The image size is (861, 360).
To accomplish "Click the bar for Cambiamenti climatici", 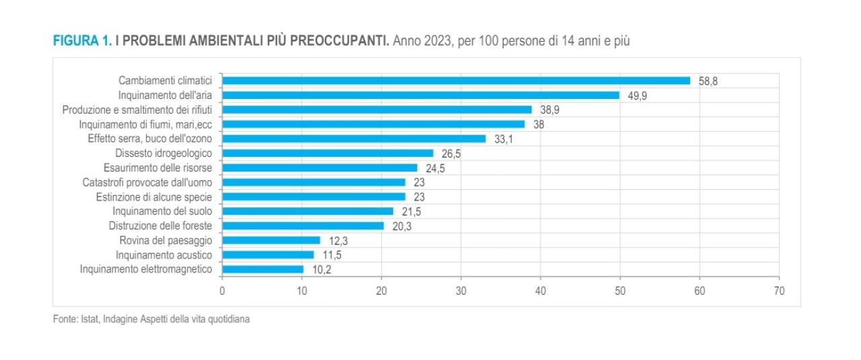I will (x=456, y=81).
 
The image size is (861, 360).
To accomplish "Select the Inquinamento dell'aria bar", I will (x=420, y=96).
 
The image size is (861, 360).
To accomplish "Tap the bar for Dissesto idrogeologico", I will (x=328, y=153).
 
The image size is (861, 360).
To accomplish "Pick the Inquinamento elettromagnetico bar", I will (x=262, y=269).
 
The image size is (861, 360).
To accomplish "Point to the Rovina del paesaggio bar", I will (x=271, y=240).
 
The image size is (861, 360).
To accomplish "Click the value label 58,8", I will (x=709, y=81).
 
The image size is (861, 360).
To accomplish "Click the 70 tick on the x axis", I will (x=779, y=291).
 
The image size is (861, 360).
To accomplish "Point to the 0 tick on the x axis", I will (x=222, y=291).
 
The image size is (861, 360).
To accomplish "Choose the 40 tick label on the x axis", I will (x=540, y=291).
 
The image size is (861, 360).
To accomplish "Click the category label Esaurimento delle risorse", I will (x=158, y=168).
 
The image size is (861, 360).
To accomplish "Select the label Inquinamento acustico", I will (x=164, y=255).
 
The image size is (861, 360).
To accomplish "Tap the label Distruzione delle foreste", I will (x=161, y=226).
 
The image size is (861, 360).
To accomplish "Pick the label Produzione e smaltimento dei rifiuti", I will (x=137, y=110).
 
